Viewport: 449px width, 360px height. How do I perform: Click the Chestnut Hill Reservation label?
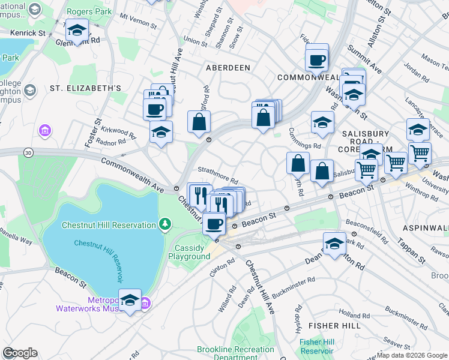[109, 225]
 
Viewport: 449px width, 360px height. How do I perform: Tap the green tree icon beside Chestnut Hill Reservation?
[165, 224]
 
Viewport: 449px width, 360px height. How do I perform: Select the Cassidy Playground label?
[192, 252]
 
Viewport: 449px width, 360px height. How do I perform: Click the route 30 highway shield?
[29, 154]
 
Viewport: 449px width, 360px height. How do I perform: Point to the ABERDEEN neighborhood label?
[228, 68]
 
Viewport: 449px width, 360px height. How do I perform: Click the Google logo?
[20, 353]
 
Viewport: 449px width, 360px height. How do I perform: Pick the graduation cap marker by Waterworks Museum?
[130, 300]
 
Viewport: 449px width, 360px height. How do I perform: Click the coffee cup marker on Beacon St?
[214, 224]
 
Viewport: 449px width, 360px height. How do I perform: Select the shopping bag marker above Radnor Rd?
[199, 122]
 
